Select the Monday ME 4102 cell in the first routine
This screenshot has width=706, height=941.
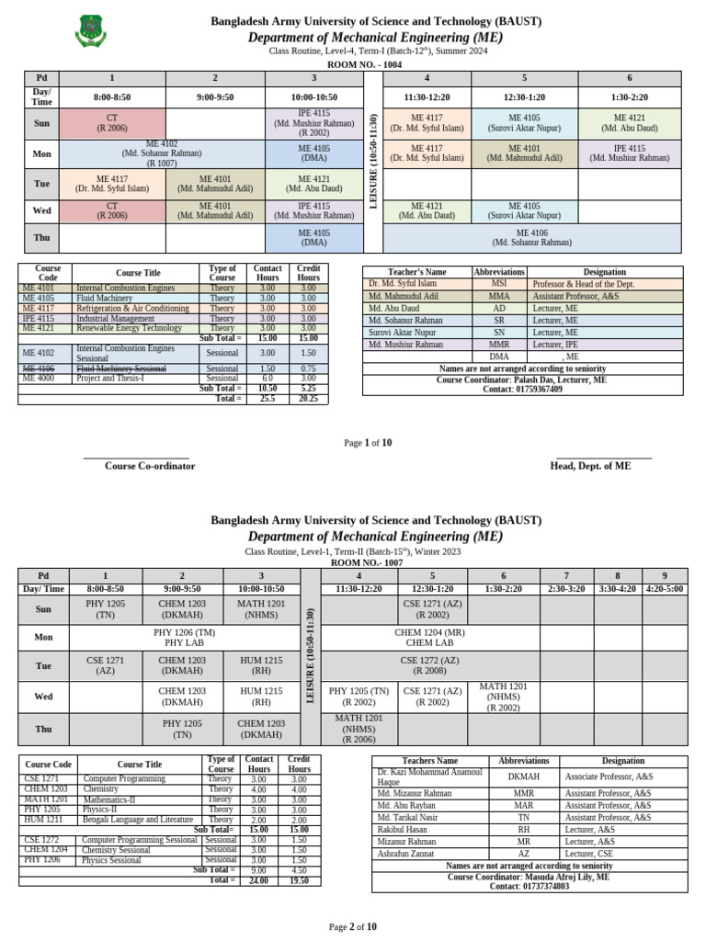point(162,153)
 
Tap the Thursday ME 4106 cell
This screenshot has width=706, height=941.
point(531,238)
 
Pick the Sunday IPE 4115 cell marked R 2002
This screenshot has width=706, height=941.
point(313,123)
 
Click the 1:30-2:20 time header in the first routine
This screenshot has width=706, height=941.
point(630,96)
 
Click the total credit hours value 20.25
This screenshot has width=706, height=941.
point(308,399)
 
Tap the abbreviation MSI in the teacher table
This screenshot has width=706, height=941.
point(499,284)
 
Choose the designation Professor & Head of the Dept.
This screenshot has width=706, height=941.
point(583,284)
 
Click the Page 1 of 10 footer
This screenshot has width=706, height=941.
point(367,443)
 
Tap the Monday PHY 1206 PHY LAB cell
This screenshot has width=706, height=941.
point(182,638)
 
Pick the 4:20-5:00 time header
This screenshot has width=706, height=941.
point(663,588)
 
